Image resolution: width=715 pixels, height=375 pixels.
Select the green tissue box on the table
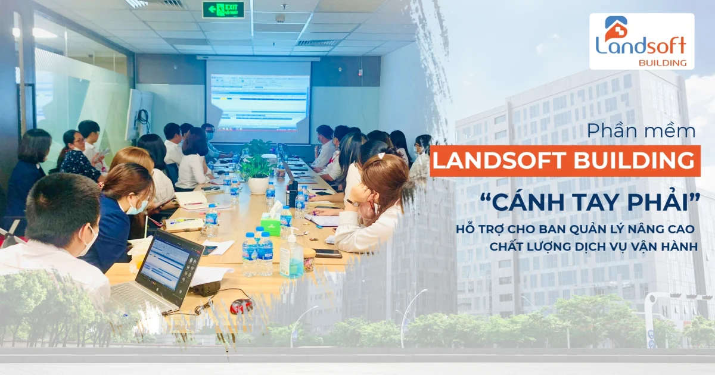271,224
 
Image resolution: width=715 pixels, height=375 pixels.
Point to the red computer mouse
241,306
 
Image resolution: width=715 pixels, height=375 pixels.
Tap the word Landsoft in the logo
641,45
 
